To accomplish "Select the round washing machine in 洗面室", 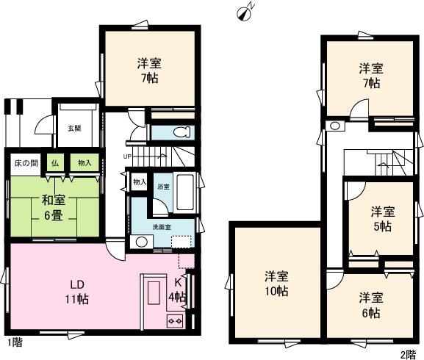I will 139,242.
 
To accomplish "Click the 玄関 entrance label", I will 74,128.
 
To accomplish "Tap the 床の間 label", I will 24,162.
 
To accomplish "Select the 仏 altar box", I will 54,163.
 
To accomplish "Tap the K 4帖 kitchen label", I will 178,289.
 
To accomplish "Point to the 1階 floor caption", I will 15,343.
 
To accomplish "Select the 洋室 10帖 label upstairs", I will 277,283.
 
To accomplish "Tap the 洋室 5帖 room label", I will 381,218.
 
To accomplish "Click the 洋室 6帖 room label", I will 370,305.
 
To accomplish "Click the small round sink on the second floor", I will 334,126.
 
